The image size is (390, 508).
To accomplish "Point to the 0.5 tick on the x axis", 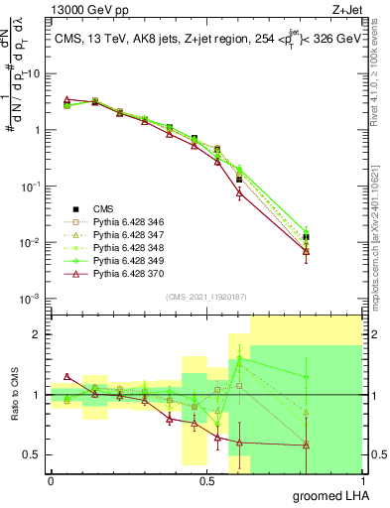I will coord(206,480).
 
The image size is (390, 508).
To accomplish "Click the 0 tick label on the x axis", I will coord(51,480).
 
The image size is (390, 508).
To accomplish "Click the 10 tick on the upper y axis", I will coord(34,73).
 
